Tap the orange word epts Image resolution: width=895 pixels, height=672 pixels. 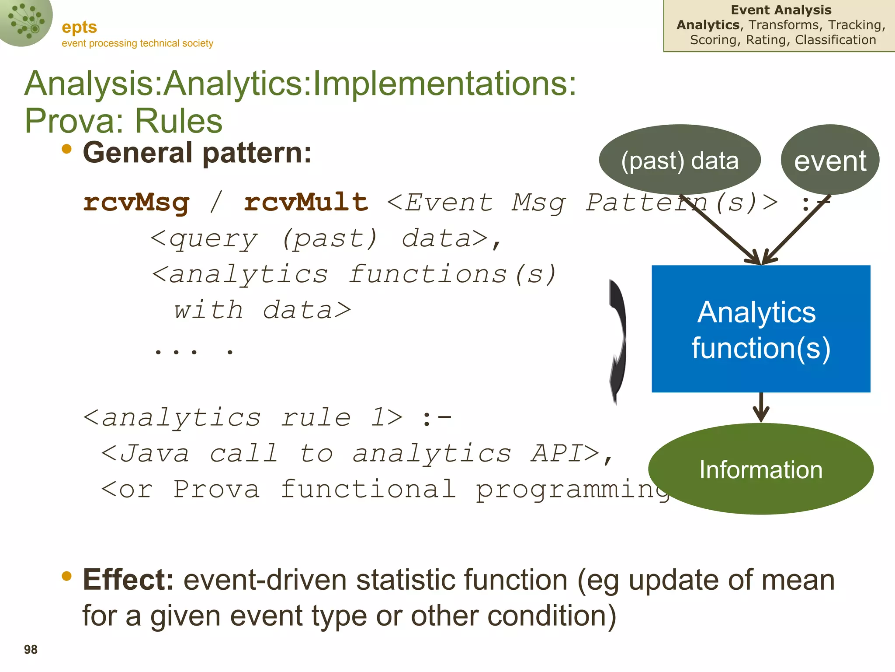(79, 27)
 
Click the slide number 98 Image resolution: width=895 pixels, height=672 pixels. (31, 650)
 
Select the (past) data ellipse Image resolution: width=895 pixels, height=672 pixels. (680, 160)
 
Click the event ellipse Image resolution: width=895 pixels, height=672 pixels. (830, 160)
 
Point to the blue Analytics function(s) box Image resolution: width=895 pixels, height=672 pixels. (760, 329)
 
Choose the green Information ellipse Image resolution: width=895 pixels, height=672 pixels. (760, 469)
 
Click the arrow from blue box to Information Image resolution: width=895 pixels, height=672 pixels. (761, 408)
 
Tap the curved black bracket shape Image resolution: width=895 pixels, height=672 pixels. (618, 341)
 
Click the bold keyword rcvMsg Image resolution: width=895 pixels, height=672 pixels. (136, 203)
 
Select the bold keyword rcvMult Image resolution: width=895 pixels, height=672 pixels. (306, 203)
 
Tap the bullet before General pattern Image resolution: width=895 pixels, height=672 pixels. (67, 149)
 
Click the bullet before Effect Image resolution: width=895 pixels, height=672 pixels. (67, 576)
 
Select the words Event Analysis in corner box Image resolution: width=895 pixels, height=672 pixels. (781, 10)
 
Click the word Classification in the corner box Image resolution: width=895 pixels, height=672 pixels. (835, 40)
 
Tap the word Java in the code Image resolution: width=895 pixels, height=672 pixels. (154, 454)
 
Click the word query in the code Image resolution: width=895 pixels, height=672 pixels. (213, 239)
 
